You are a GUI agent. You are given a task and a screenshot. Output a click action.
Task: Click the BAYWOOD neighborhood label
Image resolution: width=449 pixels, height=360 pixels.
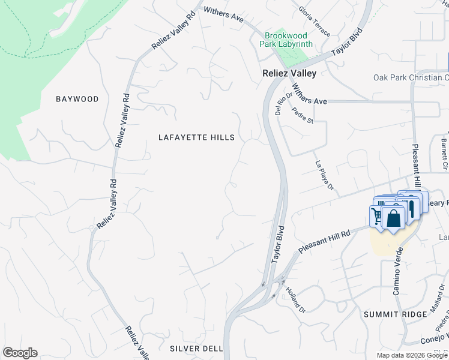click(x=77, y=99)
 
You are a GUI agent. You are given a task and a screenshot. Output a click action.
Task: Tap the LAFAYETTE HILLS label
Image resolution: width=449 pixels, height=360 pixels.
click(x=196, y=137)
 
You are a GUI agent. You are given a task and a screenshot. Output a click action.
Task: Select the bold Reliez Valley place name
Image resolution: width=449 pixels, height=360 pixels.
click(x=289, y=73)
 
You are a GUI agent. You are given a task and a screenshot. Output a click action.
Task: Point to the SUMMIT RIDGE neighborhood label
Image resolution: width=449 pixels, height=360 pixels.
click(x=389, y=314)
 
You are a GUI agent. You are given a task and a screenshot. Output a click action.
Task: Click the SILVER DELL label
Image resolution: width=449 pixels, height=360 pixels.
click(x=196, y=349)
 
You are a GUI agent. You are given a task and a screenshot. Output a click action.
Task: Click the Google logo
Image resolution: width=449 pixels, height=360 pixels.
click(x=20, y=353)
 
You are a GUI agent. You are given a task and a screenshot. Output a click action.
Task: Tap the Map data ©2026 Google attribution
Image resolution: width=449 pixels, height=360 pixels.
click(x=412, y=355)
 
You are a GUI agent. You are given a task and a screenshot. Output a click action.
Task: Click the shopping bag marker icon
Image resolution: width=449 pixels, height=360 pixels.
click(x=394, y=218)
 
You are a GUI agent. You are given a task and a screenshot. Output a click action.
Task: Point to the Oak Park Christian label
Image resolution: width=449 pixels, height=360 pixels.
click(x=411, y=77)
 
